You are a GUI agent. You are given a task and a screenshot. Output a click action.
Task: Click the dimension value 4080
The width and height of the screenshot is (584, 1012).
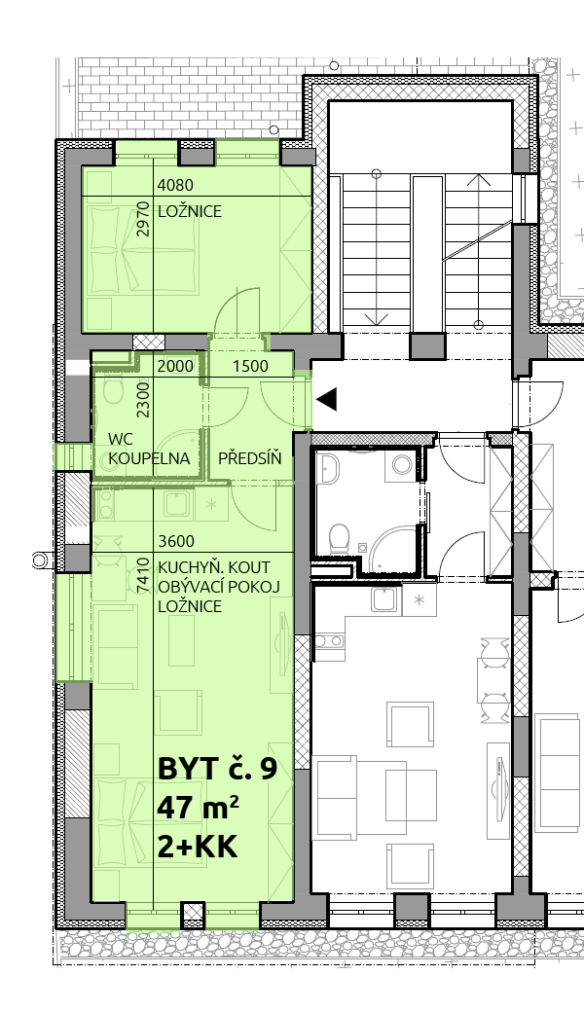point(175,186)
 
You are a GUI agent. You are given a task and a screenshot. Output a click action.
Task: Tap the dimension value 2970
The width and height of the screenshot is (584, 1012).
point(143,219)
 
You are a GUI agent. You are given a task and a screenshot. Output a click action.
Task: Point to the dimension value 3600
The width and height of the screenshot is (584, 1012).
point(175,541)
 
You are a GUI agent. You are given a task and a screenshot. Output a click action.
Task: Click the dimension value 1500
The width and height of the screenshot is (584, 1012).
point(250,367)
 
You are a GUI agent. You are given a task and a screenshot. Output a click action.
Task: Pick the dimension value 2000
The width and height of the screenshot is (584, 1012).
point(175,367)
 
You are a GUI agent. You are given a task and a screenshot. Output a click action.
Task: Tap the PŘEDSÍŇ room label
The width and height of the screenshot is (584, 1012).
point(250,458)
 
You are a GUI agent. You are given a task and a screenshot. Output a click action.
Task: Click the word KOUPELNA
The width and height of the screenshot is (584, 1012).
point(149,458)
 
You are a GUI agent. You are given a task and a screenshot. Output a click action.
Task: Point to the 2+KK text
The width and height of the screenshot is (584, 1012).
point(198,847)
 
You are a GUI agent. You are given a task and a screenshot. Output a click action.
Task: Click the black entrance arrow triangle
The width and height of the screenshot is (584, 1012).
point(326,400)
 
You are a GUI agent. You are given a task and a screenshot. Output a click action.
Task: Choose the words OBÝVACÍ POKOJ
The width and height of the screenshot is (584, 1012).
point(217,587)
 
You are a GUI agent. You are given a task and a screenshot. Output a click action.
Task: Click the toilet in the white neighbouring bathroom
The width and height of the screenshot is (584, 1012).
point(339,537)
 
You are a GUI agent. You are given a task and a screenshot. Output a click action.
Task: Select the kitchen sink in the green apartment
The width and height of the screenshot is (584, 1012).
point(177,504)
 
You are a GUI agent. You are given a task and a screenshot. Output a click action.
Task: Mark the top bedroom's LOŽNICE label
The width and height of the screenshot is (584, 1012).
point(190,211)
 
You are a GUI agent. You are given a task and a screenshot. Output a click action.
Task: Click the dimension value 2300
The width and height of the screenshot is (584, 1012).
point(143,400)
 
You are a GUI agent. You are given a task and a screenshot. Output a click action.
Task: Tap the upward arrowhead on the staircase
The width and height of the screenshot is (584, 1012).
point(478,179)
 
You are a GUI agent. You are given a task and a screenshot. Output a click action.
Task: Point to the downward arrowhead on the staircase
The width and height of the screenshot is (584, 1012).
point(377,318)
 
